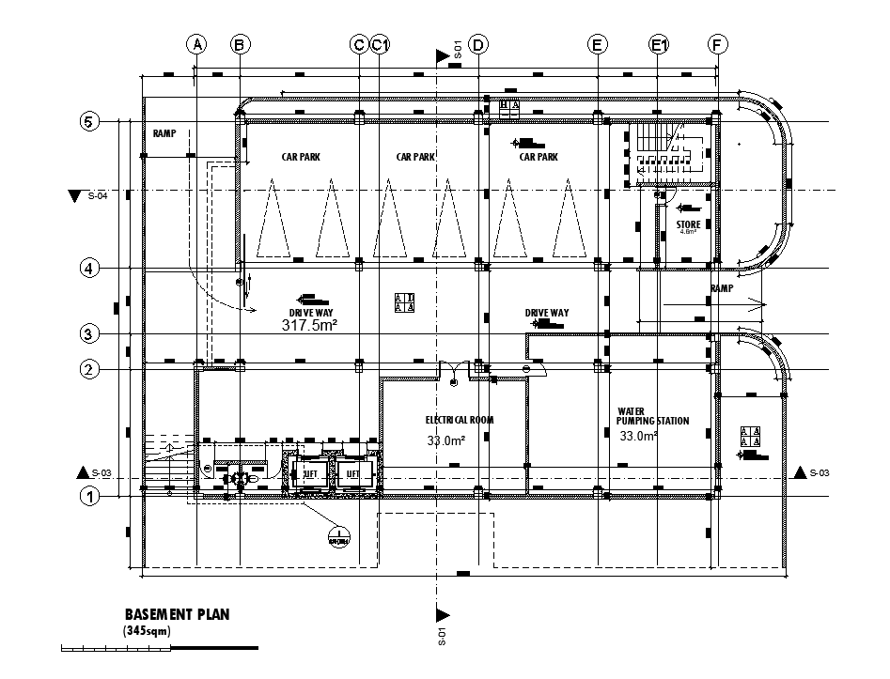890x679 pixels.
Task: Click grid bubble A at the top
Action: (195, 44)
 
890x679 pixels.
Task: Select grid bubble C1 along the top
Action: (381, 44)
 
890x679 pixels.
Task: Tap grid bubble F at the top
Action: (718, 44)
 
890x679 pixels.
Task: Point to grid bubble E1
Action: (659, 44)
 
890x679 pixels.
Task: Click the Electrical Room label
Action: (459, 420)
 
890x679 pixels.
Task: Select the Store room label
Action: (689, 224)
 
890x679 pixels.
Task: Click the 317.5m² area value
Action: (309, 325)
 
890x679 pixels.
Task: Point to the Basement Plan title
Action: (177, 614)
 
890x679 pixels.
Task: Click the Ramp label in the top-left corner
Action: (164, 134)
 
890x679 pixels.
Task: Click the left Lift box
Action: (310, 474)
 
